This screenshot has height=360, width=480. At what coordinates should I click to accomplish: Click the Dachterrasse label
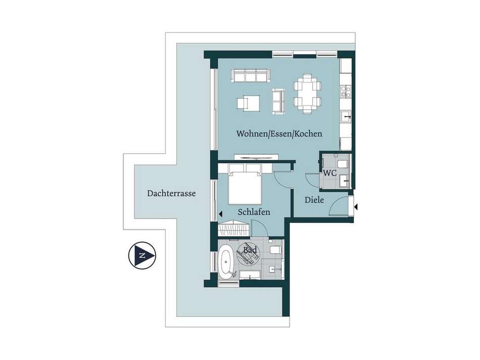[x=171, y=194]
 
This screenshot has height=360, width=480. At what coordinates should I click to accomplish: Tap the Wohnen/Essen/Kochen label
[x=279, y=134]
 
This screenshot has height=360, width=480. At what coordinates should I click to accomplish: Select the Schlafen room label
[x=254, y=212]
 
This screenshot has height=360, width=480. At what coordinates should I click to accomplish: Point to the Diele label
[x=314, y=200]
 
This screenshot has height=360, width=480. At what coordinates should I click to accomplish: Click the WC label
[x=330, y=173]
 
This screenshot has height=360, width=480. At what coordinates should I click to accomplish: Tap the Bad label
[x=250, y=250]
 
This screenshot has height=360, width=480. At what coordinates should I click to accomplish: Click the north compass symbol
[x=142, y=255]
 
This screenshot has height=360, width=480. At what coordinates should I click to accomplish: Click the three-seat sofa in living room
[x=251, y=76]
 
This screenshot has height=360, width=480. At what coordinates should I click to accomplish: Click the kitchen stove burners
[x=346, y=92]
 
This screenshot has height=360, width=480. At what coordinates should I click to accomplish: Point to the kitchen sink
[x=347, y=116]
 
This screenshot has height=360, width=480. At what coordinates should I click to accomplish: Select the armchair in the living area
[x=248, y=103]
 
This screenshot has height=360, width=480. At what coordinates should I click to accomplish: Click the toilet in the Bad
[x=276, y=250]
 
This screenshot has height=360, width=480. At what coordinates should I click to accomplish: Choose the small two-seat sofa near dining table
[x=278, y=101]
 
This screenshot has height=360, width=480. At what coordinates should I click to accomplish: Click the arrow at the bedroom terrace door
[x=220, y=214]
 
